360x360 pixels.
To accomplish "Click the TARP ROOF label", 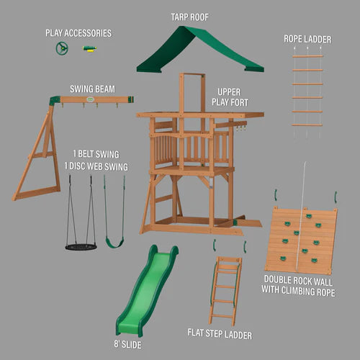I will pos(190,16).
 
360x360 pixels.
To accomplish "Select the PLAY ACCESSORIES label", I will pos(78,32).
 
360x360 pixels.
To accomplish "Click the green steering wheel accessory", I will pos(62,49).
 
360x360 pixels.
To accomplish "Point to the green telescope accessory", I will pos(90,49).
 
